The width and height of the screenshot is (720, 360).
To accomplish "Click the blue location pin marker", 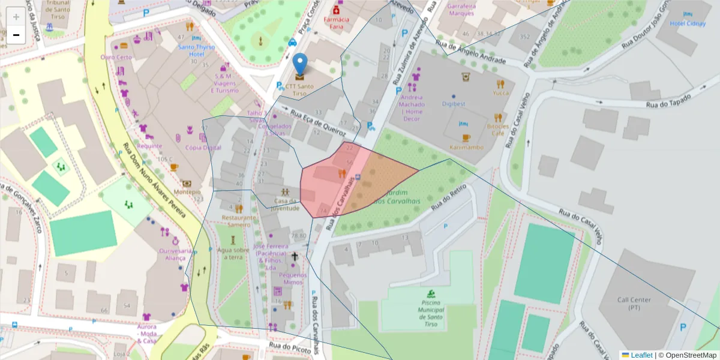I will click(300, 65).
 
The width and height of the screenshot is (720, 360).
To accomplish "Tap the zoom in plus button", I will click(16, 16).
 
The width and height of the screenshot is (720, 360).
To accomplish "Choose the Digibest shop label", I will click(454, 104).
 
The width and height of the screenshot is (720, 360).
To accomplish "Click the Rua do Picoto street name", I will click(290, 346).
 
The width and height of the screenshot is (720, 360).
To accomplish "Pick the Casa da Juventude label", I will click(286, 205).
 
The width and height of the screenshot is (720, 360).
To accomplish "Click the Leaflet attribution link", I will click(641, 355).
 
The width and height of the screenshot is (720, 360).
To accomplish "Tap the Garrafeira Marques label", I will click(461, 10).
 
